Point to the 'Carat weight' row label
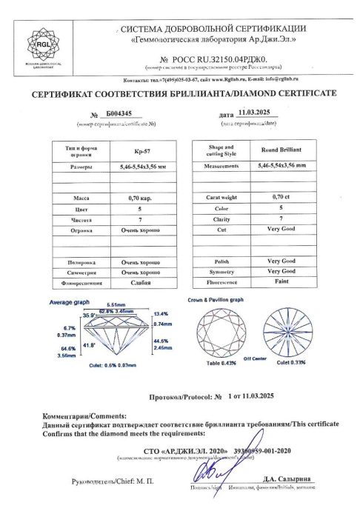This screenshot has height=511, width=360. pos(220,198)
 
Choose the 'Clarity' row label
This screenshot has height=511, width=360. pos(220,218)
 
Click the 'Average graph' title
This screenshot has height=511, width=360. pos(69,302)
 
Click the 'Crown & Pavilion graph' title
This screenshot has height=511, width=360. pos(215,300)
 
